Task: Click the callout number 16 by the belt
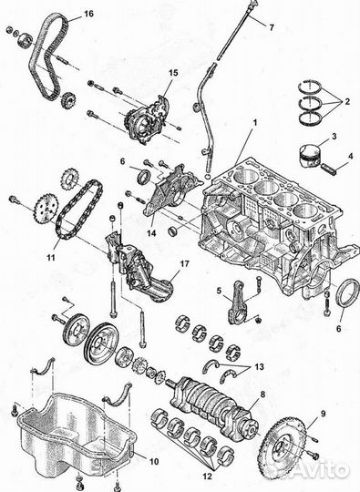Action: pyautogui.click(x=88, y=14)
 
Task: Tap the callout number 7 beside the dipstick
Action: pyautogui.click(x=272, y=27)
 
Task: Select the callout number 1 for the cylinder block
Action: pyautogui.click(x=255, y=122)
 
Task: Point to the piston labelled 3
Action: pyautogui.click(x=310, y=156)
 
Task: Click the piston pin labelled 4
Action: pyautogui.click(x=331, y=169)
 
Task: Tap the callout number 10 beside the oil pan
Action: pyautogui.click(x=154, y=462)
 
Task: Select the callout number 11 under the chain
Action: pyautogui.click(x=51, y=258)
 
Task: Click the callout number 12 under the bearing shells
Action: pyautogui.click(x=207, y=477)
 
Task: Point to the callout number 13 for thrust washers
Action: pyautogui.click(x=260, y=367)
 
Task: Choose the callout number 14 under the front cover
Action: pyautogui.click(x=151, y=234)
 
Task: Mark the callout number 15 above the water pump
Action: pyautogui.click(x=173, y=73)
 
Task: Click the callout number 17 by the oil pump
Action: pyautogui.click(x=185, y=264)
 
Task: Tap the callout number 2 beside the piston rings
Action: pyautogui.click(x=347, y=101)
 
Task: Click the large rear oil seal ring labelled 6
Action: pyautogui.click(x=347, y=296)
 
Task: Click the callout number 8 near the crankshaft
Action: pyautogui.click(x=262, y=395)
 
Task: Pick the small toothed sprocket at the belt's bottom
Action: pyautogui.click(x=68, y=101)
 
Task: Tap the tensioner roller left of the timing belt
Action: pyautogui.click(x=25, y=40)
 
